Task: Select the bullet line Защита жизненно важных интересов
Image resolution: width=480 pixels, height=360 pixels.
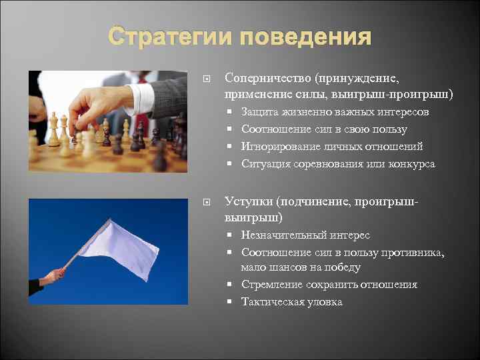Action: pos(335,112)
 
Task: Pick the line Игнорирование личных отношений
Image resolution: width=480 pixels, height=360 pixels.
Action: pos(332,147)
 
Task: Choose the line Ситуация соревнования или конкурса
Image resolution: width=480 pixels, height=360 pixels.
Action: pos(338,164)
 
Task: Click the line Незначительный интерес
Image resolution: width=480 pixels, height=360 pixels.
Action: pos(305,235)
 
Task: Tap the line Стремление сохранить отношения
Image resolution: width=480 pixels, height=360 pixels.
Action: pos(329,285)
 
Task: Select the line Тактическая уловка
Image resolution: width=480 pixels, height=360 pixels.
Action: pos(291,302)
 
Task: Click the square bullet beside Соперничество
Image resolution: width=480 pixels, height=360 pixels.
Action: pos(207,79)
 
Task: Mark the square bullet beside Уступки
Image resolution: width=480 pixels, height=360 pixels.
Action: pos(207,201)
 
